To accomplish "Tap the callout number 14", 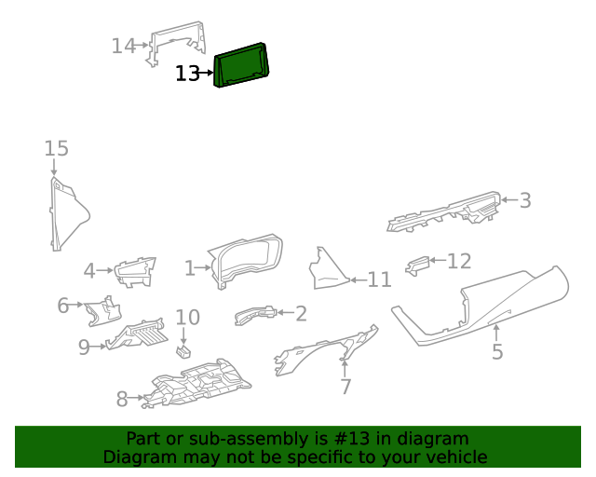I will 123,46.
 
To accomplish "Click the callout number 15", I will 57,148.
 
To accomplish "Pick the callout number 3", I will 525,199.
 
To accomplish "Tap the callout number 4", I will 89,271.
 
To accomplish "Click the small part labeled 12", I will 417,266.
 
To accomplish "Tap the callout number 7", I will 345,386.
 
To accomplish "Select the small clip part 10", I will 183,352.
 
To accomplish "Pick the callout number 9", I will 84,347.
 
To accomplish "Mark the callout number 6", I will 63,305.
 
